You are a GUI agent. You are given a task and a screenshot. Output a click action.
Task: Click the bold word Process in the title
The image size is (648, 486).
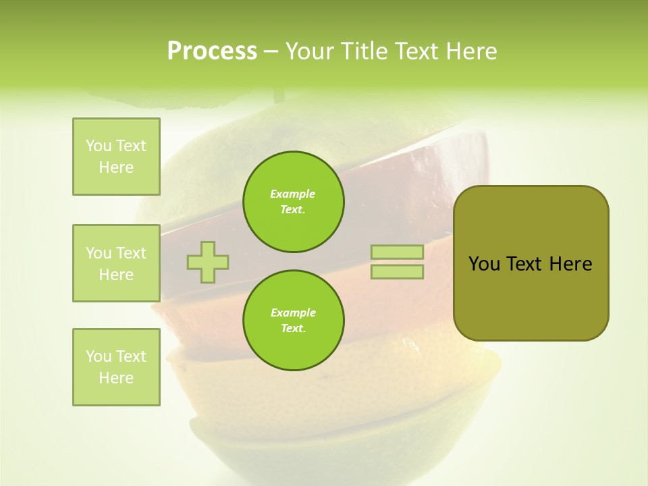pos(212,51)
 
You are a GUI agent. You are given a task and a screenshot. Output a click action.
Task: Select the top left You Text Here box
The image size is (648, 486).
pos(116,157)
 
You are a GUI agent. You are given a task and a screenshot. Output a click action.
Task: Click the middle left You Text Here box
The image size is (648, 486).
pos(116,263)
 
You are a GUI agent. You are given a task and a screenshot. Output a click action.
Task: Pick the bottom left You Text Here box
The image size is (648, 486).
pos(116,367)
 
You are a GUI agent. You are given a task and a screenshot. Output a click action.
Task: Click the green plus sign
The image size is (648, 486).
pos(208,262)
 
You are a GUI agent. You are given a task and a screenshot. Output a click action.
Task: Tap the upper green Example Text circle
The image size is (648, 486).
pos(294,202)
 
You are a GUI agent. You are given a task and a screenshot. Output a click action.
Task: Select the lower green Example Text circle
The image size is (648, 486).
pos(294,321)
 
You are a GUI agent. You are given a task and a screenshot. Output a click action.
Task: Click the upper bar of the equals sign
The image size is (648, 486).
pos(397,252)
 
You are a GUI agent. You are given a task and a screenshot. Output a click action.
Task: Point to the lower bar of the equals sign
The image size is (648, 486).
pos(397,272)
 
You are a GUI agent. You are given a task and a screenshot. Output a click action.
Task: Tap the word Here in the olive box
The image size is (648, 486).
pos(570,264)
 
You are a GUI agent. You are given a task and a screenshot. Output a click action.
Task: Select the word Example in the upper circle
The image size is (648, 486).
pos(293,194)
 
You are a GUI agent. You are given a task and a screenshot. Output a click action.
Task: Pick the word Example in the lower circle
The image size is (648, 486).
pos(293,313)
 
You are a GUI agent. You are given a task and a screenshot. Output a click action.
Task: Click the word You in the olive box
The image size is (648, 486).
pos(484,264)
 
